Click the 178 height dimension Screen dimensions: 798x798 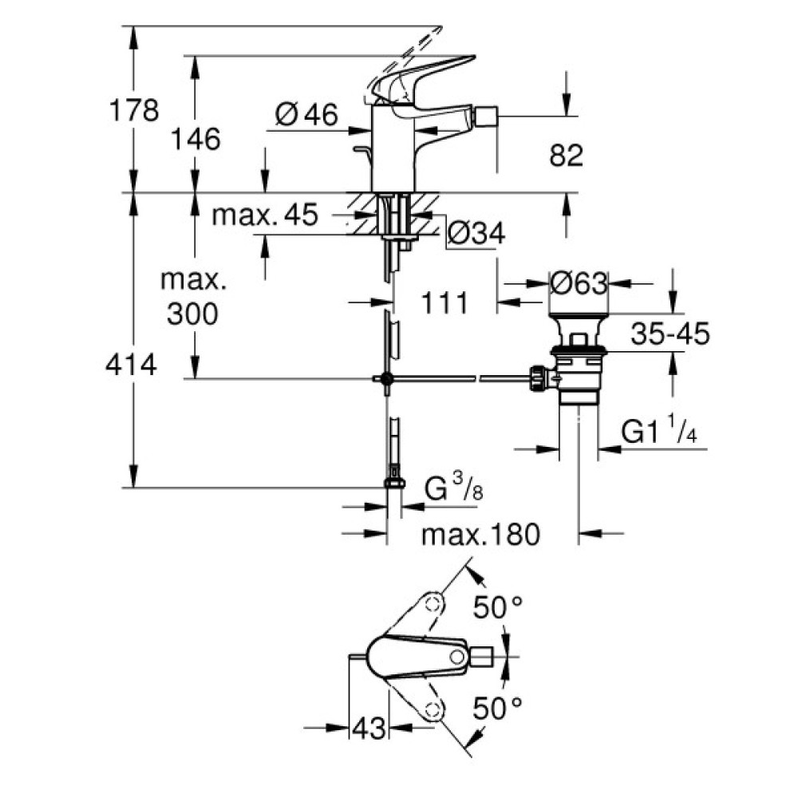click(133, 110)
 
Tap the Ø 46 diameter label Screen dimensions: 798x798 click(306, 117)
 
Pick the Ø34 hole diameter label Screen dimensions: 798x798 click(476, 233)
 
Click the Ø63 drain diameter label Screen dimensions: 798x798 click(579, 282)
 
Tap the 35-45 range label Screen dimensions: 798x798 click(670, 334)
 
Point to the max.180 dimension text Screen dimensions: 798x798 click(481, 533)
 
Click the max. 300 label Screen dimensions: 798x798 click(192, 297)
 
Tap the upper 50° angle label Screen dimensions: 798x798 click(496, 609)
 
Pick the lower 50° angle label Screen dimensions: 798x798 click(496, 706)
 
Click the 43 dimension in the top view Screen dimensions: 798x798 click(368, 727)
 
